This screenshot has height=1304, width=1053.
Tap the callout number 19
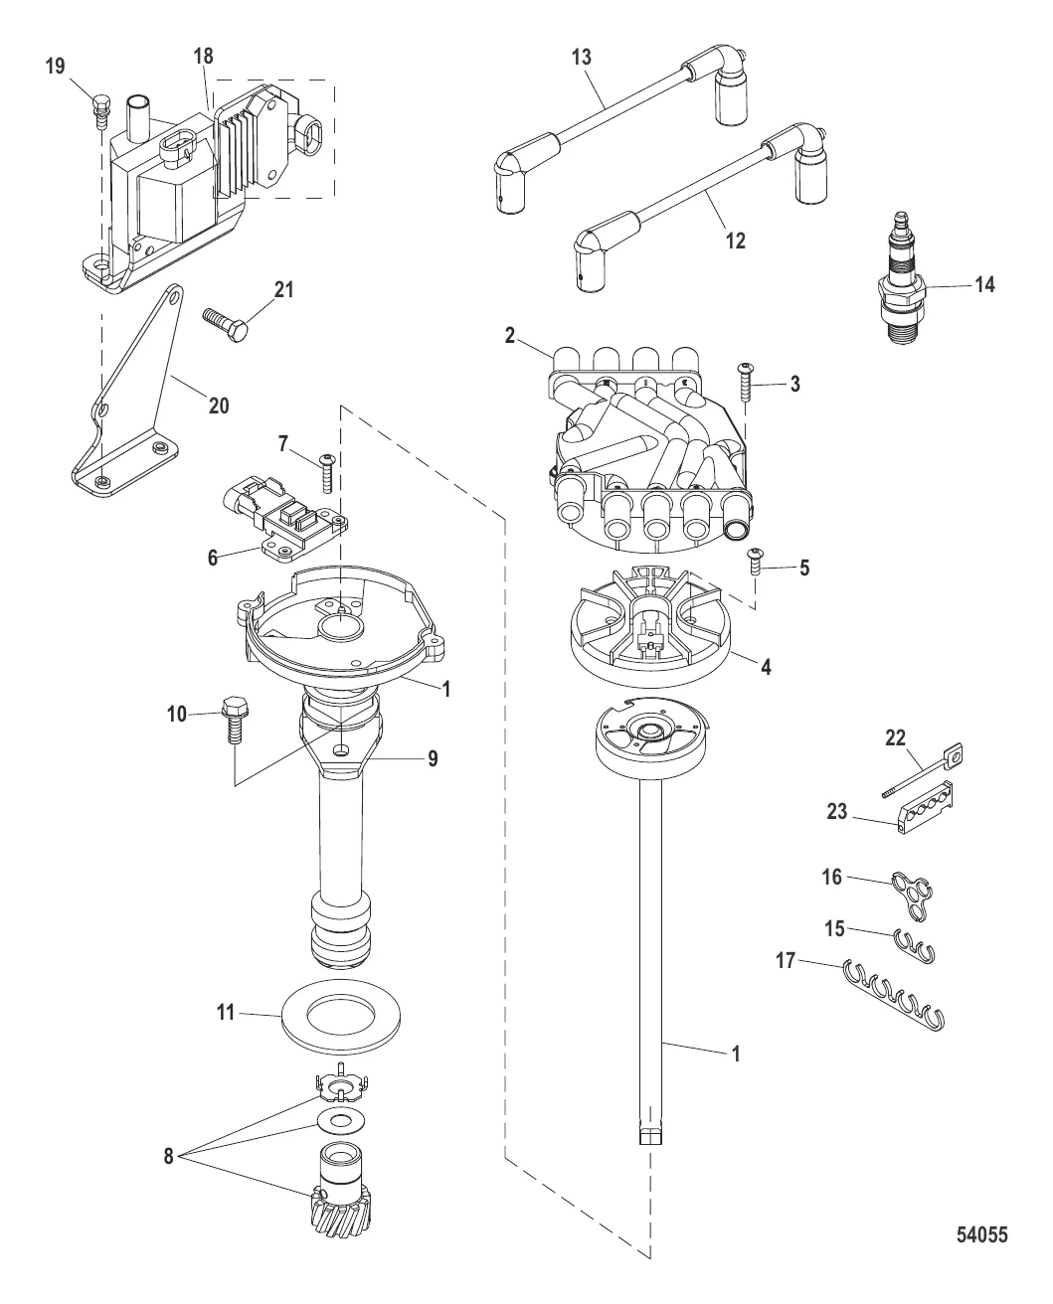pos(55,67)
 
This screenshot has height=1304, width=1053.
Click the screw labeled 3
pos(746,382)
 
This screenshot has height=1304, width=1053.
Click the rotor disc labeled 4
pos(651,626)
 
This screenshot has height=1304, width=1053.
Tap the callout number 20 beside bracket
pos(219,406)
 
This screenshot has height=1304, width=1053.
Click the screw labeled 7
pos(326,473)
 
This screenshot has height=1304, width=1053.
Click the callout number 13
pos(582,57)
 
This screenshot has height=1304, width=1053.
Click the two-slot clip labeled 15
pos(915,946)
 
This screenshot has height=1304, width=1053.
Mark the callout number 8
pos(168,1156)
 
